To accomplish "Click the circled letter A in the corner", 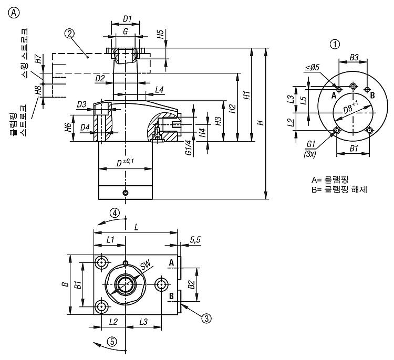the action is (14, 13).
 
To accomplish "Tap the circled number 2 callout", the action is (69, 34).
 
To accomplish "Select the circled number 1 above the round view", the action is (335, 45).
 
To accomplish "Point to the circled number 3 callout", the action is (206, 319).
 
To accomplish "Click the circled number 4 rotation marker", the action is (115, 213).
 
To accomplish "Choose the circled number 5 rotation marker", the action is (112, 342).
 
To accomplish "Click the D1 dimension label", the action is (128, 19).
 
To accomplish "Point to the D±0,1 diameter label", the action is (125, 163).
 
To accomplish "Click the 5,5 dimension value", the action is (195, 240).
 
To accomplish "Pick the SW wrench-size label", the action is (145, 265).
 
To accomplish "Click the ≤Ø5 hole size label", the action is (313, 67).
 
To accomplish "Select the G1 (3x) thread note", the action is (310, 149).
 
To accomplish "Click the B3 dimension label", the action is (354, 58).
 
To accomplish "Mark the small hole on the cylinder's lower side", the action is (126, 193).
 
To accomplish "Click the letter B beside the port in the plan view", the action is (171, 296).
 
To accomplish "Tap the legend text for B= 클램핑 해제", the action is (339, 189).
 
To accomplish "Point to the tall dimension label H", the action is (261, 123).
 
